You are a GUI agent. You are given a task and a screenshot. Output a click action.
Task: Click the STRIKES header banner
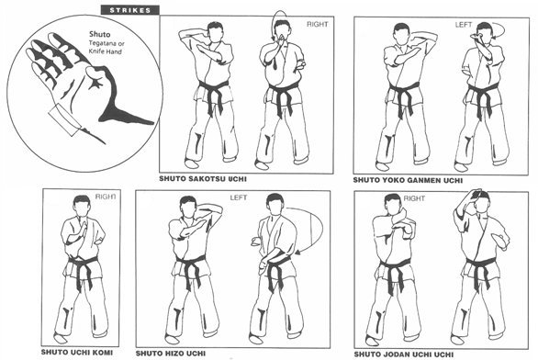coord(129,10)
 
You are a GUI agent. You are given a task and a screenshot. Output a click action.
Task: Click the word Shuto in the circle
coord(100,34)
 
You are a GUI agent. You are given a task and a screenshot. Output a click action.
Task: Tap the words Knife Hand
coord(106,51)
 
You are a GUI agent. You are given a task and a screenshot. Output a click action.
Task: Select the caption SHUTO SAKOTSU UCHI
coord(203,179)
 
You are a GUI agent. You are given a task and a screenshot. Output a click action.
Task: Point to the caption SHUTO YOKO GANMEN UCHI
coord(408,180)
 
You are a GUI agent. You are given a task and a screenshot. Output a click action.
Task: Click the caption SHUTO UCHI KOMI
coord(77,352)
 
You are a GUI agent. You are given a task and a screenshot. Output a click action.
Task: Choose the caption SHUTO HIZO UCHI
coord(171,354)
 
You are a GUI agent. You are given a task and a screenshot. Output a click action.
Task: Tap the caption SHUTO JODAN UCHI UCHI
coord(404,354)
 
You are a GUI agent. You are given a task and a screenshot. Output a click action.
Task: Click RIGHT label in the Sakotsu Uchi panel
coord(317,25)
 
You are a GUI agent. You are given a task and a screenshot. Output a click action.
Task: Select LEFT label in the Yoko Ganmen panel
coord(464,25)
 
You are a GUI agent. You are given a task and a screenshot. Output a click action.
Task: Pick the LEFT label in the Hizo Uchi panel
coord(239,197)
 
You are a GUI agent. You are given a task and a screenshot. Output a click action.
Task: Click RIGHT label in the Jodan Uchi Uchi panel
coord(414,198)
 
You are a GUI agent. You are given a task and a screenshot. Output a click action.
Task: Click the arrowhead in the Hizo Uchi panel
coord(297,253)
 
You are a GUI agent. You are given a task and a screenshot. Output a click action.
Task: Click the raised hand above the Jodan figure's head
coord(475,193)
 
